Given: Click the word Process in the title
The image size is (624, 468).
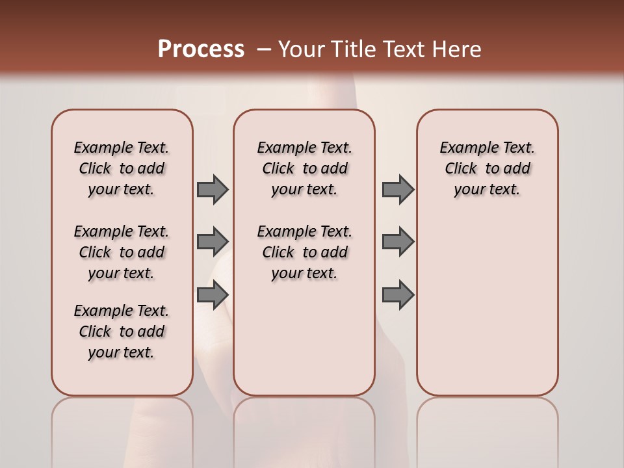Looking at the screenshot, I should pos(201,49).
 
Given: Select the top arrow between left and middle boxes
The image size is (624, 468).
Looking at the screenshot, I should pos(212,189).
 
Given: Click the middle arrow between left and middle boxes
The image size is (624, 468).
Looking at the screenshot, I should pos(212,241).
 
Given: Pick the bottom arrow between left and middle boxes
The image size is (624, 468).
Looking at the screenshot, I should pos(212,294).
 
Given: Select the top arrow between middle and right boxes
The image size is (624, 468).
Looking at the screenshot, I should pos(398,189).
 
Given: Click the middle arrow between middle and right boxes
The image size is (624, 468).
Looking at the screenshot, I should pos(398,241).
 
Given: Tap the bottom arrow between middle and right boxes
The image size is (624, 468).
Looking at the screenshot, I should pos(398,294).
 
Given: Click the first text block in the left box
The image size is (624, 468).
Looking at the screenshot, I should pos(122,168).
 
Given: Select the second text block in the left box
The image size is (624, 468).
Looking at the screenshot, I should pos(122,252).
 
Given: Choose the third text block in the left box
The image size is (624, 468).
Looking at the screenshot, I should pos(122,331).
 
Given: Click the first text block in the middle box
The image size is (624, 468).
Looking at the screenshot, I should pos(304,168).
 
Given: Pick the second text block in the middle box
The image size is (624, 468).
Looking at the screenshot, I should pos(304,252).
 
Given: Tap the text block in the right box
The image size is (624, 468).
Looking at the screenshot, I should pos(487,168).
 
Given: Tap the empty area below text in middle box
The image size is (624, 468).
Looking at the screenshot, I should pos(304,338).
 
